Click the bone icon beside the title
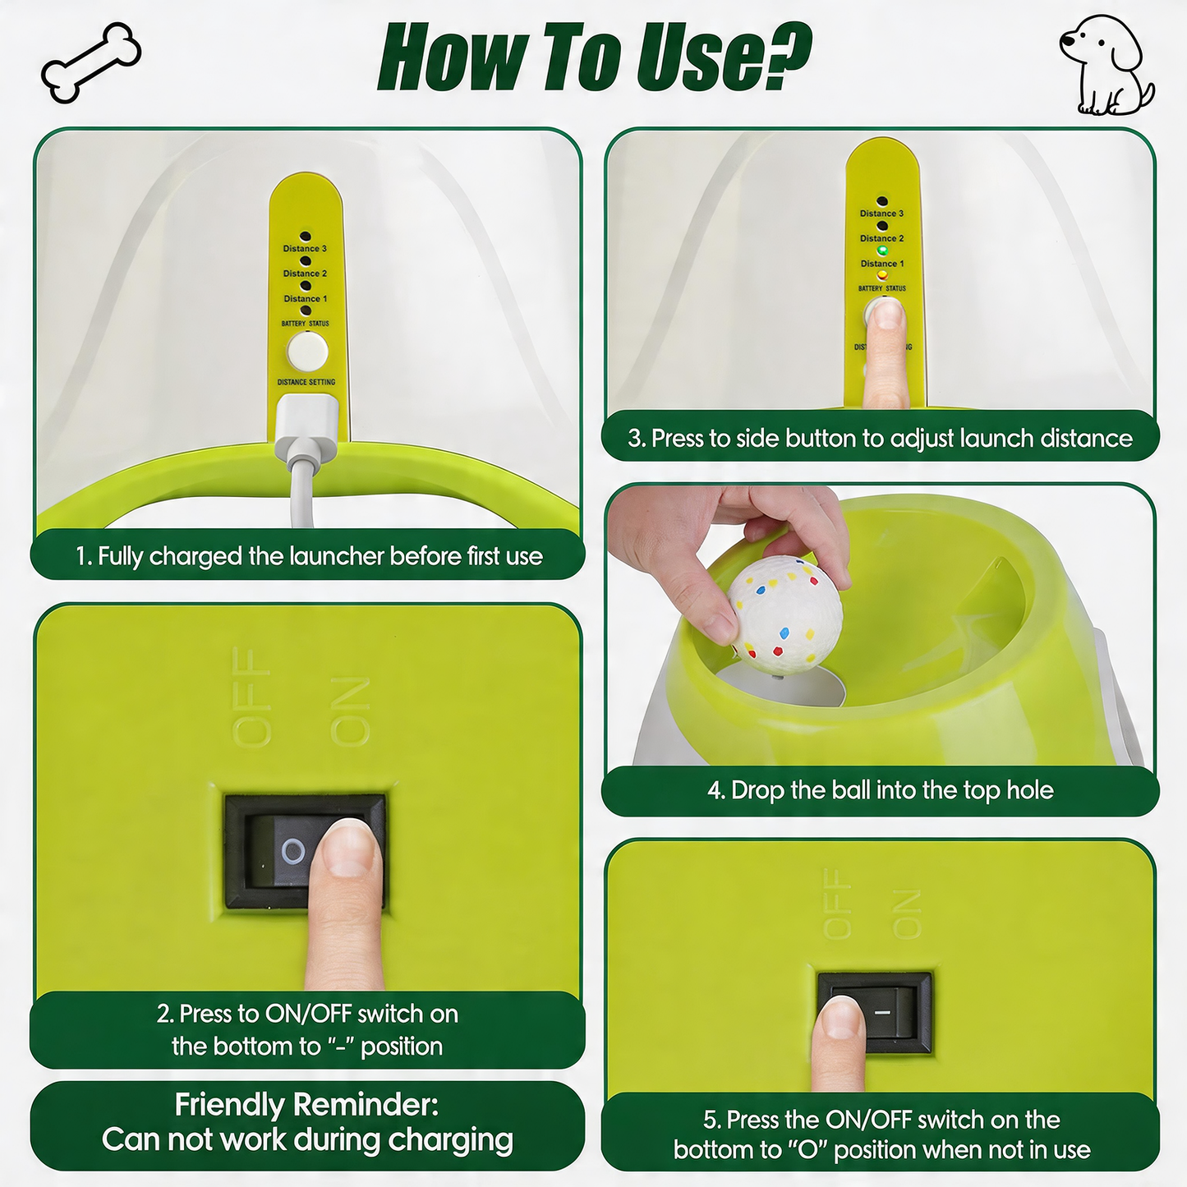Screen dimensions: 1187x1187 pyautogui.click(x=91, y=62)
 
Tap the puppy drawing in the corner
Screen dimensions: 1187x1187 pyautogui.click(x=1107, y=65)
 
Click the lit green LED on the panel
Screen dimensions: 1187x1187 pyautogui.click(x=882, y=251)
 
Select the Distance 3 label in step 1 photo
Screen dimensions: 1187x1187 pyautogui.click(x=305, y=248)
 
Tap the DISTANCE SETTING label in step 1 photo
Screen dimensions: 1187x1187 pyautogui.click(x=306, y=382)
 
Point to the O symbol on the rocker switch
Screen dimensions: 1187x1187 pyautogui.click(x=292, y=853)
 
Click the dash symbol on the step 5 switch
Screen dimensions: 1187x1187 pyautogui.click(x=883, y=1012)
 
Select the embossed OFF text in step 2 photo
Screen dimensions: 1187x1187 pyautogui.click(x=252, y=697)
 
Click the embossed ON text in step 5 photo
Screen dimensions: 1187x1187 pyautogui.click(x=906, y=914)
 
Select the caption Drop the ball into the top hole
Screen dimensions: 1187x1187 pyautogui.click(x=881, y=790)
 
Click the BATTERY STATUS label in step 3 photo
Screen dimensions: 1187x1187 pyautogui.click(x=882, y=288)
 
